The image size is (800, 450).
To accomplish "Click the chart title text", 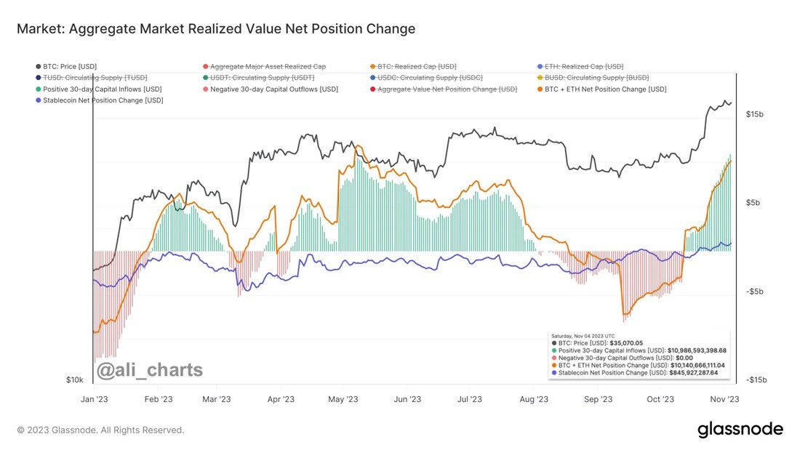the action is pos(216,28).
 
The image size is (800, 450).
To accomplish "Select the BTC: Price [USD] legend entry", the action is pos(66,66).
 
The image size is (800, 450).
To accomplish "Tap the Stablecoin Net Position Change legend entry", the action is pos(100,100).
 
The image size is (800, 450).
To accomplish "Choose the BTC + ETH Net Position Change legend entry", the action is pos(602,89).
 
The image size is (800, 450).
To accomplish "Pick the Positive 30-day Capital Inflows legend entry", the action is pos(98,89).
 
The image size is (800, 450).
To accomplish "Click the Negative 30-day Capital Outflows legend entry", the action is pos(271,89).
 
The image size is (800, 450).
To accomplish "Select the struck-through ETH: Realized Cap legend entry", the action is pos(580,66).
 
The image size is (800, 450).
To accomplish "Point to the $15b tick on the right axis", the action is pos(755,114).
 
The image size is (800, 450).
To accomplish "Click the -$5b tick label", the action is pos(753,292).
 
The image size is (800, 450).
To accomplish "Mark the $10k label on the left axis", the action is pos(74,379).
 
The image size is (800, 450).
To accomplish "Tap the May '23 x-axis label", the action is pos(343,399).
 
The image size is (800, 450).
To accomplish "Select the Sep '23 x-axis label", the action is pos(598,399).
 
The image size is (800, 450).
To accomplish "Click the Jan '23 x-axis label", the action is pos(95,399).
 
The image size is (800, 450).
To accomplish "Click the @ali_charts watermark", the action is pos(150,370).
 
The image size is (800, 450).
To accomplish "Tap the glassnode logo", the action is pos(740,429).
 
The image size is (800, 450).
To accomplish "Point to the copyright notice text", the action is pos(100,430).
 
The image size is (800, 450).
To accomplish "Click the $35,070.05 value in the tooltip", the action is pos(626,343).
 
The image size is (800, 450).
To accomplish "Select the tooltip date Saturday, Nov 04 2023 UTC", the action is pos(583,336).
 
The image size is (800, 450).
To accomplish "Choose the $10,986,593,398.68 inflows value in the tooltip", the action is pos(697,350).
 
